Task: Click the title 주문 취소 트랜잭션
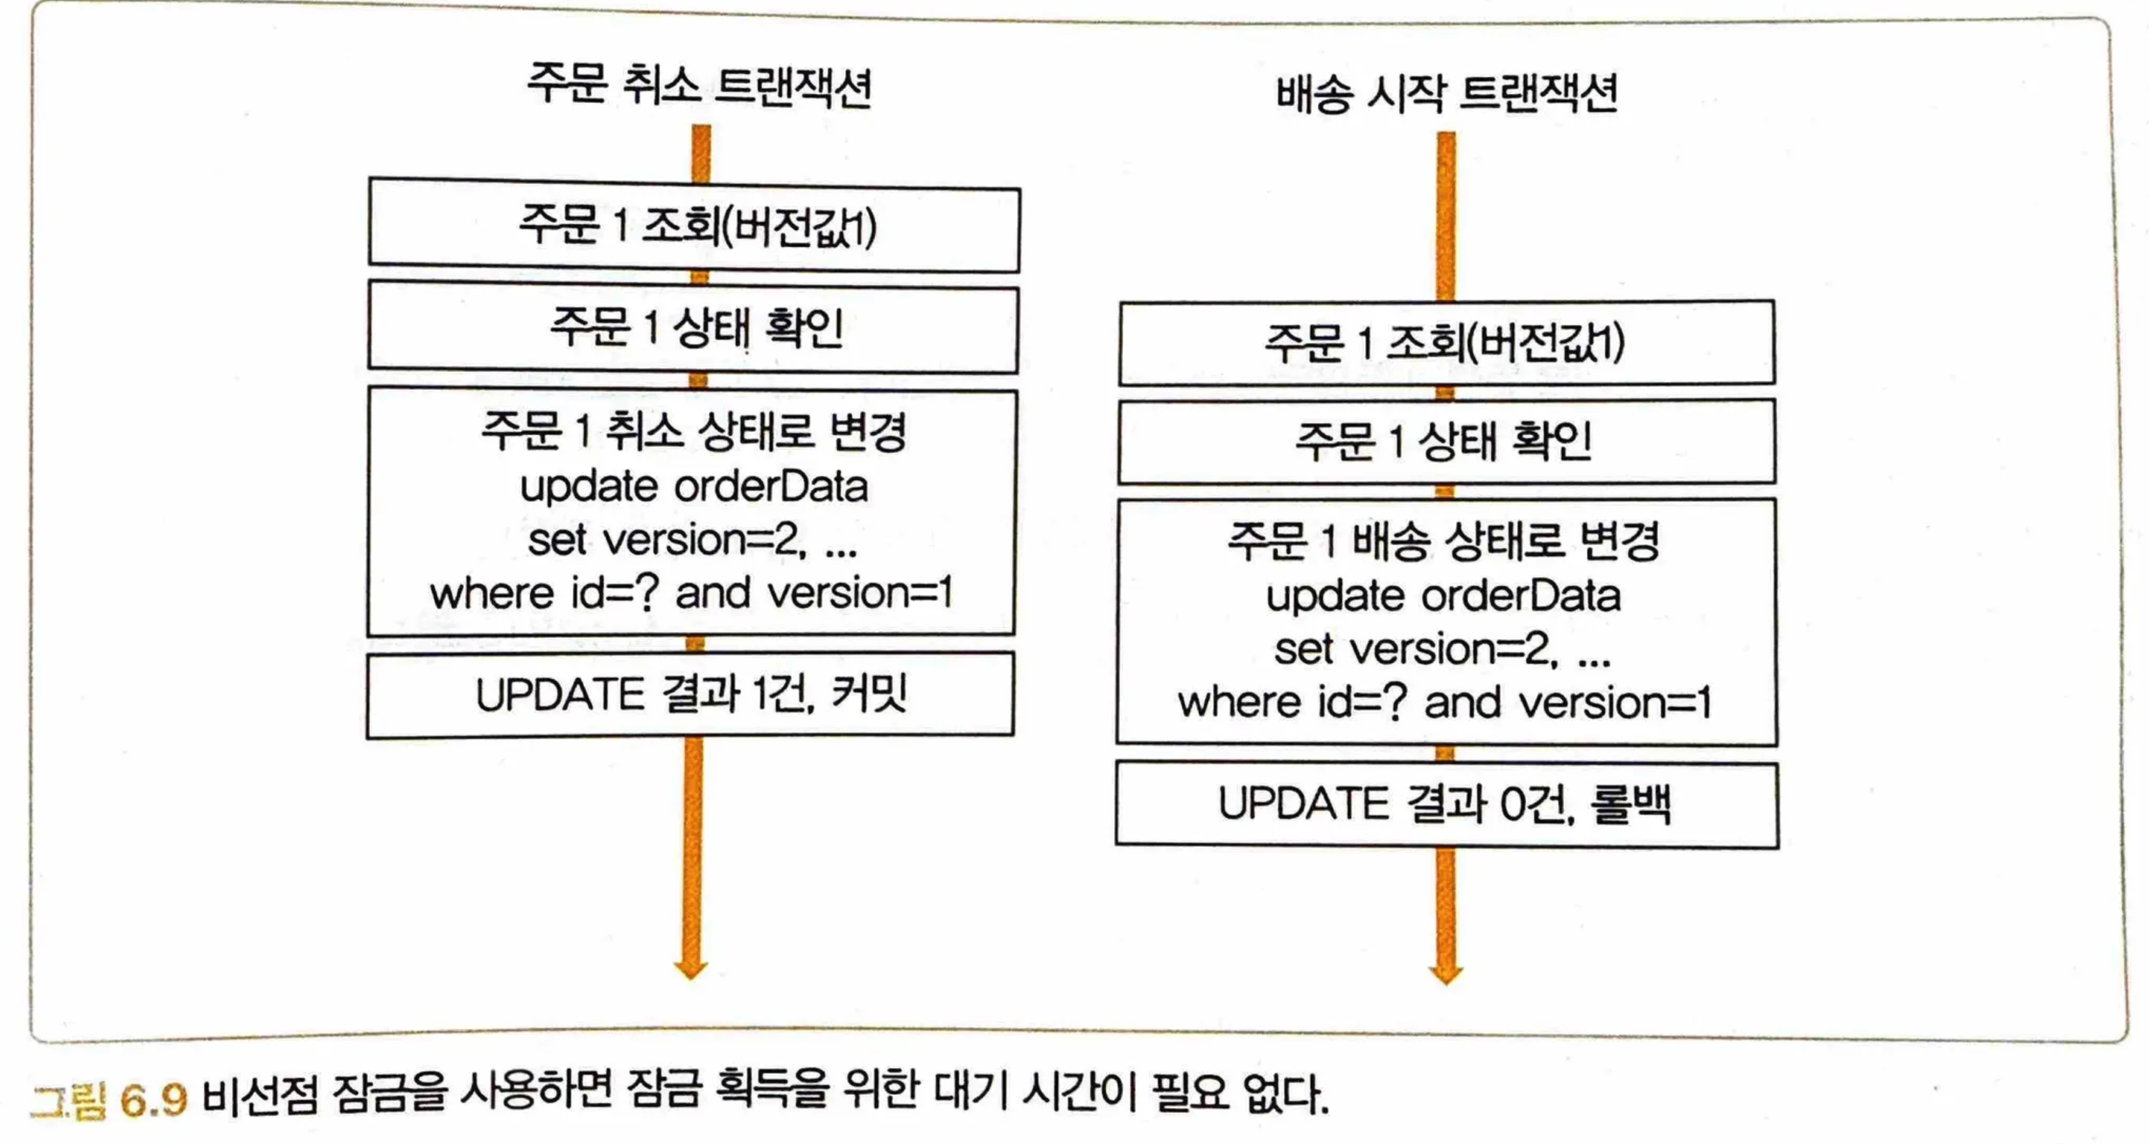click(699, 85)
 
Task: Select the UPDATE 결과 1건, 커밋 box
click(691, 695)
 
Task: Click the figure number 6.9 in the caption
click(153, 1099)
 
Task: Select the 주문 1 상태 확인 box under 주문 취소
click(694, 329)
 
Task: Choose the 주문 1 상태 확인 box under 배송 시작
click(1446, 442)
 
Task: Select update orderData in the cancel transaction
click(694, 487)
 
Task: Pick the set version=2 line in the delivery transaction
click(1443, 649)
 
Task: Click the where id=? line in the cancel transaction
click(691, 593)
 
